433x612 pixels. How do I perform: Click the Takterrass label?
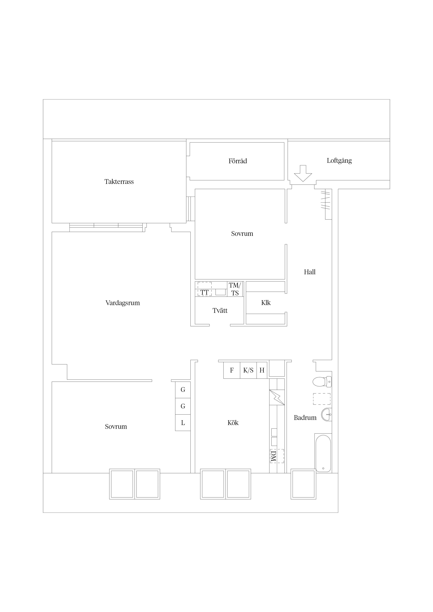[x=119, y=182]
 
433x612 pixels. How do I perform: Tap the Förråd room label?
[x=238, y=161]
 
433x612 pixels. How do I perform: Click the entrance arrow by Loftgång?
[x=303, y=173]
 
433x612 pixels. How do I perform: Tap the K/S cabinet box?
[x=248, y=370]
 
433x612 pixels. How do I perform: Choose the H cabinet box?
[x=262, y=370]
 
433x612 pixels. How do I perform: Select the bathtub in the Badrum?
[x=323, y=453]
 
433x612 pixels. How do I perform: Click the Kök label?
[x=233, y=423]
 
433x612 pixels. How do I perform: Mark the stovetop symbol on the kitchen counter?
[x=277, y=397]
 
